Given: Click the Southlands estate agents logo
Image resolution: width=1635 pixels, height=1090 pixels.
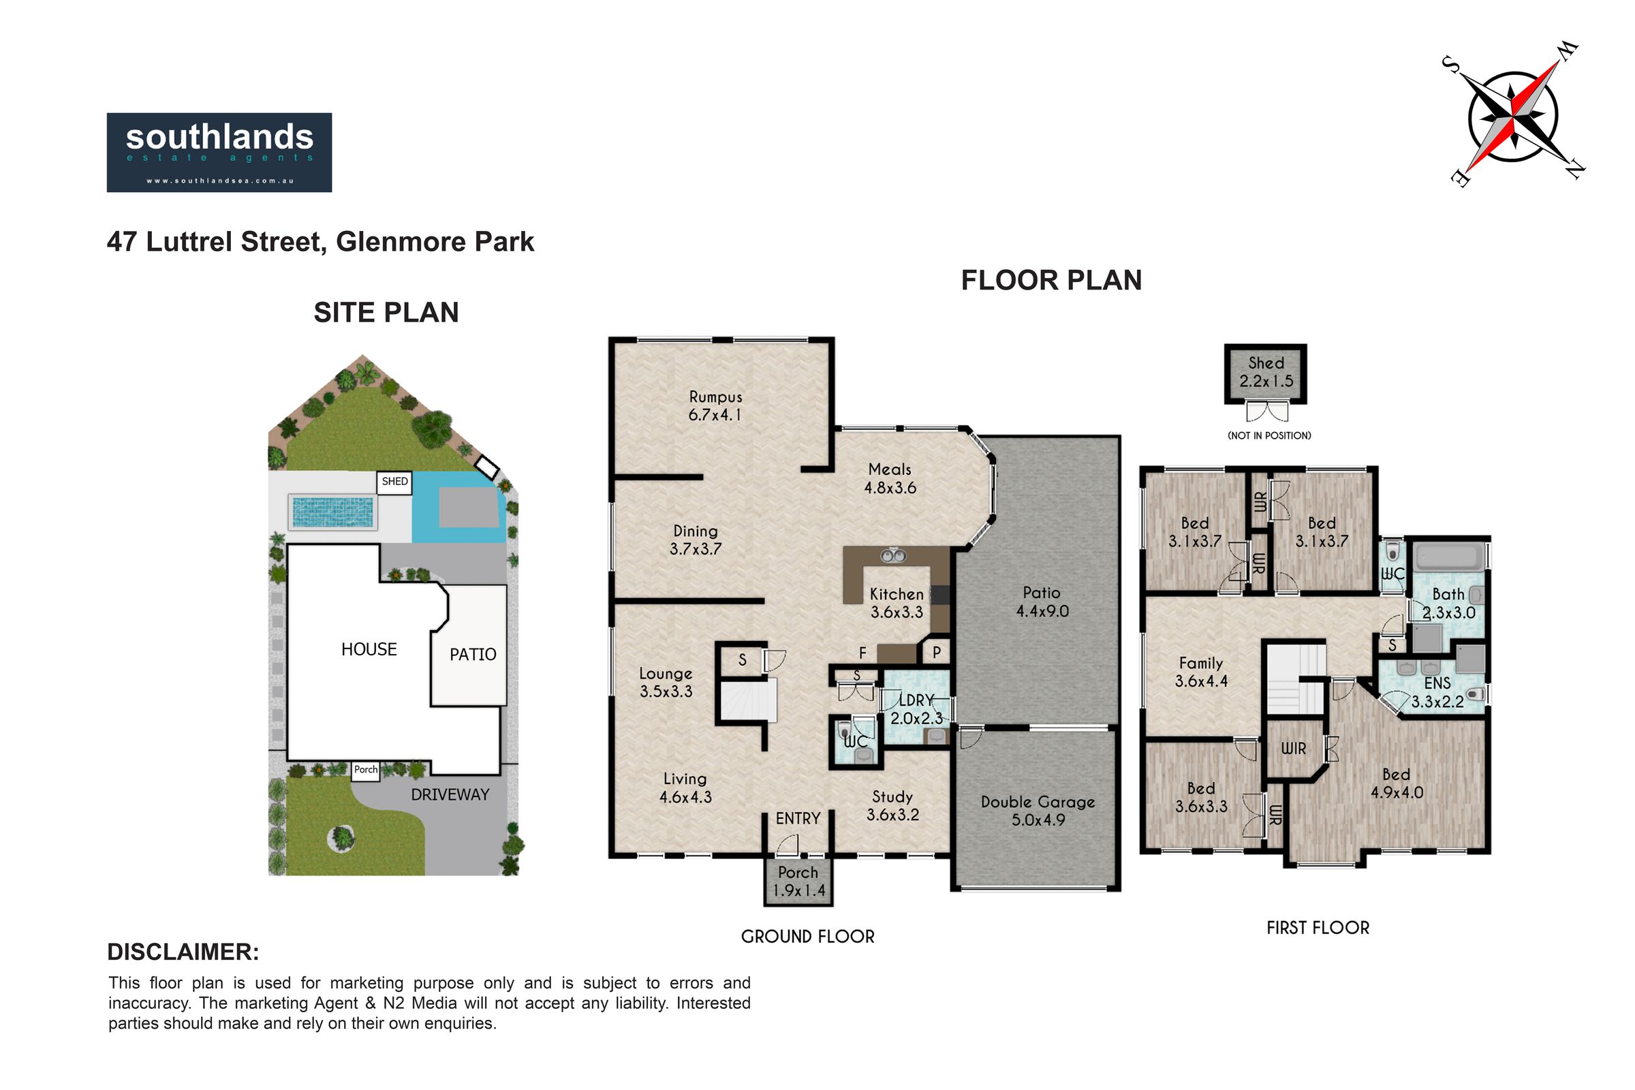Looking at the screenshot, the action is [219, 152].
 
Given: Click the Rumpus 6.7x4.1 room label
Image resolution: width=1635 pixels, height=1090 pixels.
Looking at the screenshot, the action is [715, 406].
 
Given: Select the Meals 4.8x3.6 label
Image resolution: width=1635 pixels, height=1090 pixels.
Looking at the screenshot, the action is [890, 478].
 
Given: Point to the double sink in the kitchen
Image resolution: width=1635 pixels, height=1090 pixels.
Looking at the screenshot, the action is [892, 555].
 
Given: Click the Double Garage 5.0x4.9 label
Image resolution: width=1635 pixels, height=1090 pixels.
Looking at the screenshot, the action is [1038, 811].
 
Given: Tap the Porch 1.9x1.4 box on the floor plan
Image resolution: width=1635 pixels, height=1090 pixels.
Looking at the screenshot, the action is [798, 882].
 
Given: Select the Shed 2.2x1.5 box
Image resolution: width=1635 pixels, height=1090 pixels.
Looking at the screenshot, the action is [1266, 373].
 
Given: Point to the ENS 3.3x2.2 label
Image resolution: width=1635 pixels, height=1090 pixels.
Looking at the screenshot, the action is [1437, 692].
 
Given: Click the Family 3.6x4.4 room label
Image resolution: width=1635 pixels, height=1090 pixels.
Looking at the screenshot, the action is [1200, 672].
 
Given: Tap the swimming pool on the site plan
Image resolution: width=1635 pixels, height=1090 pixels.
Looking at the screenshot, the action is [332, 512].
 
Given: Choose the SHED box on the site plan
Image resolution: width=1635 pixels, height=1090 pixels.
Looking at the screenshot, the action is [394, 482].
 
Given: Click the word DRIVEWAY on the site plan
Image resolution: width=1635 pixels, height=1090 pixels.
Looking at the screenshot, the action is [450, 794].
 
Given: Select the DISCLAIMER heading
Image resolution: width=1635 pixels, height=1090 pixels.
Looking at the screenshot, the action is [183, 952].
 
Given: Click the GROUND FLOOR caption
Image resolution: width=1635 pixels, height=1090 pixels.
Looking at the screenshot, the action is [808, 936].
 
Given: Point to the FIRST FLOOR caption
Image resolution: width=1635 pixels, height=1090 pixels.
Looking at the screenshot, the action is [1318, 927].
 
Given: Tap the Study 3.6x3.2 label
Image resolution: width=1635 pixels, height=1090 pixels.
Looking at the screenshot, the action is [892, 806].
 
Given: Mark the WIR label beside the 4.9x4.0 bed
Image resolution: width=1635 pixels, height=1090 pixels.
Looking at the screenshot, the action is [1294, 749].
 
